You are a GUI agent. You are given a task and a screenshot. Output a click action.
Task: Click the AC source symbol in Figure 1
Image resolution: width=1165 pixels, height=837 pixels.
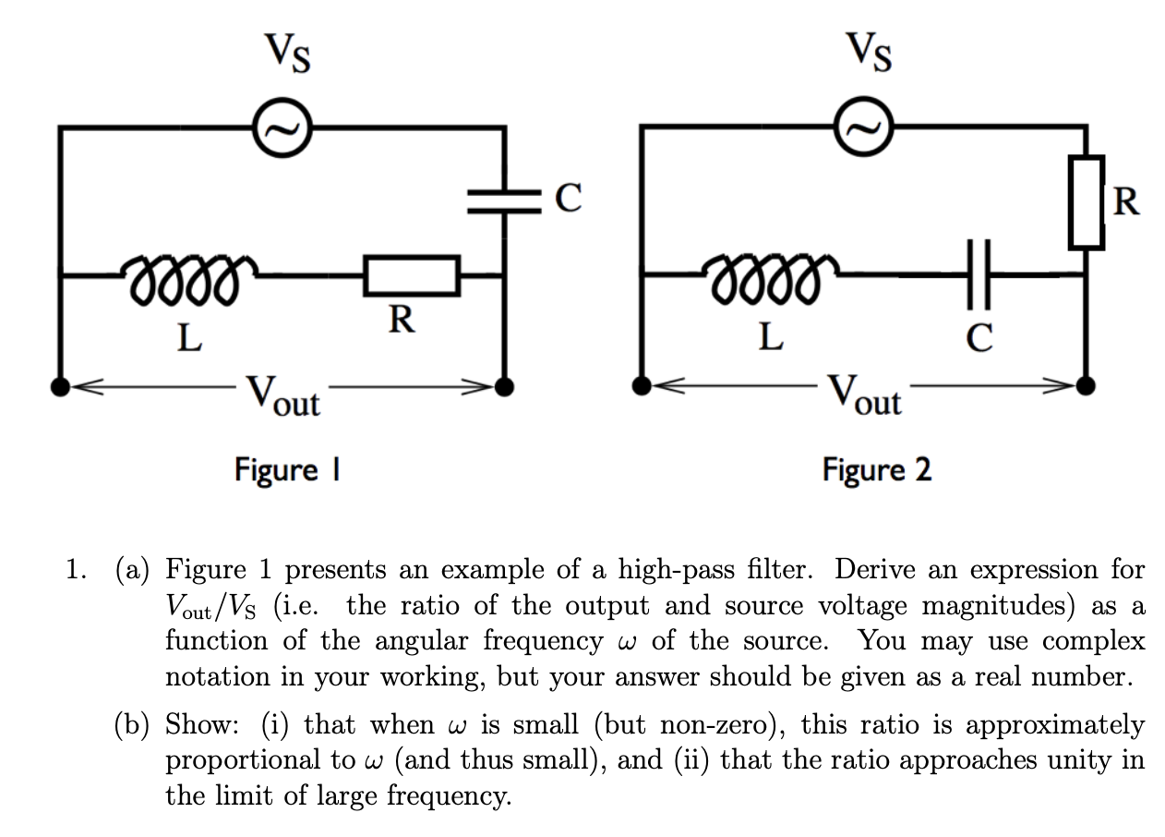click(x=277, y=127)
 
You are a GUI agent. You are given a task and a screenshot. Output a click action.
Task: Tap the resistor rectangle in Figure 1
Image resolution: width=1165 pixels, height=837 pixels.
click(x=412, y=274)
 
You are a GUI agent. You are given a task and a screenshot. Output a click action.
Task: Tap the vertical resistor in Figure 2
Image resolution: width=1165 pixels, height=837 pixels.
click(x=1087, y=201)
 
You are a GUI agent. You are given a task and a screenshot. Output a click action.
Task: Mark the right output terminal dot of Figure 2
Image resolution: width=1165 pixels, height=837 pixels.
click(x=1087, y=385)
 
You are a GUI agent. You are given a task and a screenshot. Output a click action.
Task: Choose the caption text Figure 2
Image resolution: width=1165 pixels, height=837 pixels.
click(x=877, y=469)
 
